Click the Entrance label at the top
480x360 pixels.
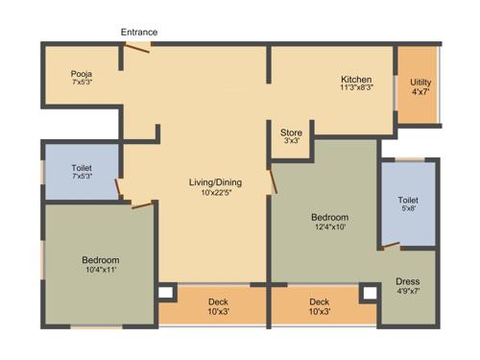coord(139,33)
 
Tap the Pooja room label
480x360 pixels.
coord(81,73)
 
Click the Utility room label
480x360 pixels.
coord(420,83)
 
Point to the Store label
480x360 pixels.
coord(292,132)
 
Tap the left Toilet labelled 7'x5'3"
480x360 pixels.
coord(82,168)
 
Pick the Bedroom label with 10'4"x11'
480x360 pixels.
coord(100,260)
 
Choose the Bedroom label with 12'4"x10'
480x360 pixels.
coord(329,217)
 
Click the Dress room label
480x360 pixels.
coord(408,282)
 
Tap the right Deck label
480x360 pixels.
coord(320,301)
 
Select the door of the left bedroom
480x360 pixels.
coord(140,203)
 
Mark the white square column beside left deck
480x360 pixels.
coord(166,292)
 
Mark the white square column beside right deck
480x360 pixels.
coord(368,292)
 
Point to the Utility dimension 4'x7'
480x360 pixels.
coord(420,92)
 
